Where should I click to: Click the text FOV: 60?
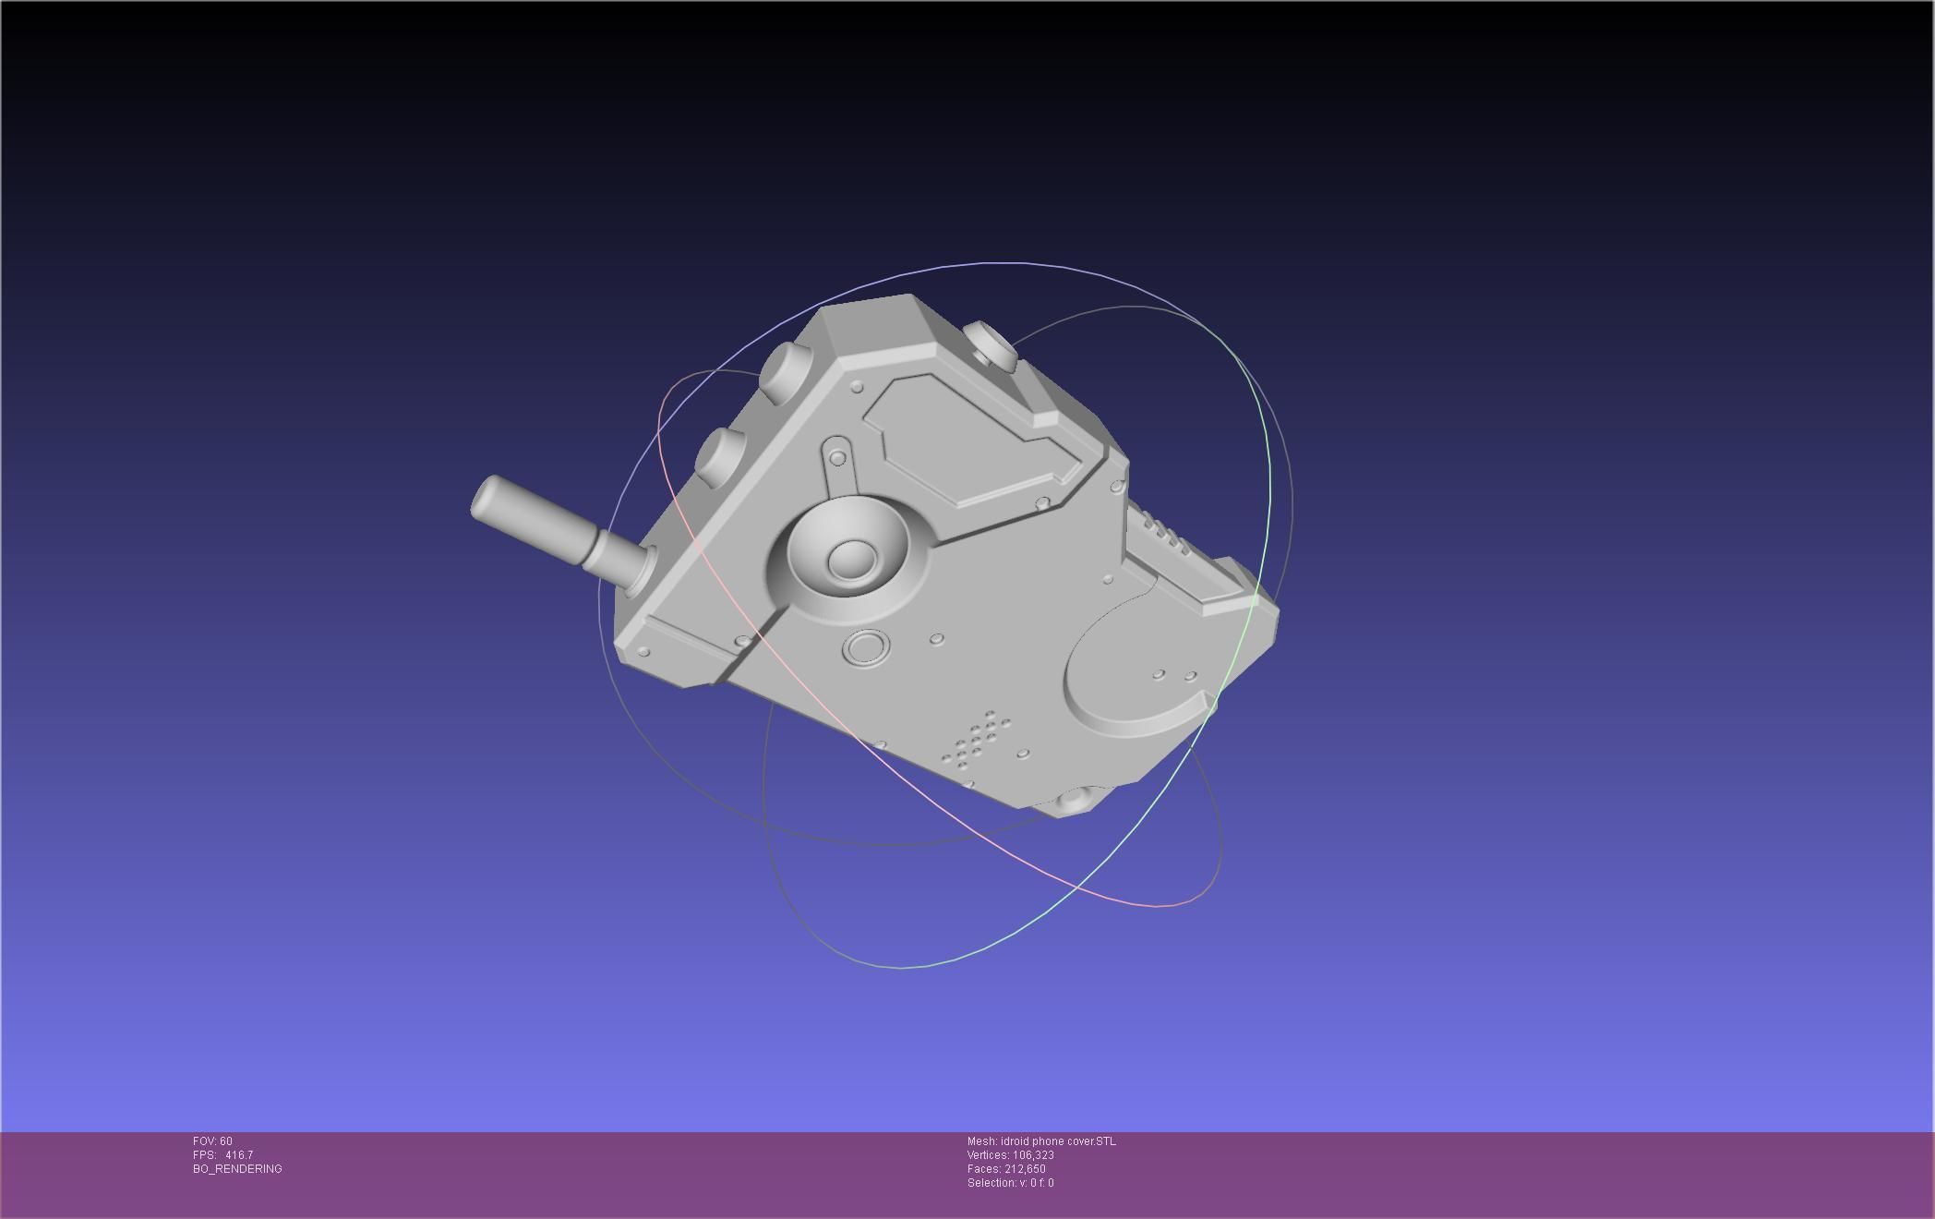pos(212,1141)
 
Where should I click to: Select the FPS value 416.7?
pos(238,1155)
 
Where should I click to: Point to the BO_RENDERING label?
pos(237,1169)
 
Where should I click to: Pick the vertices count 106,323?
pos(1033,1155)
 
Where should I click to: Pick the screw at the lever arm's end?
pos(837,458)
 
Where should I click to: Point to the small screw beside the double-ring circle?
pos(936,638)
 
